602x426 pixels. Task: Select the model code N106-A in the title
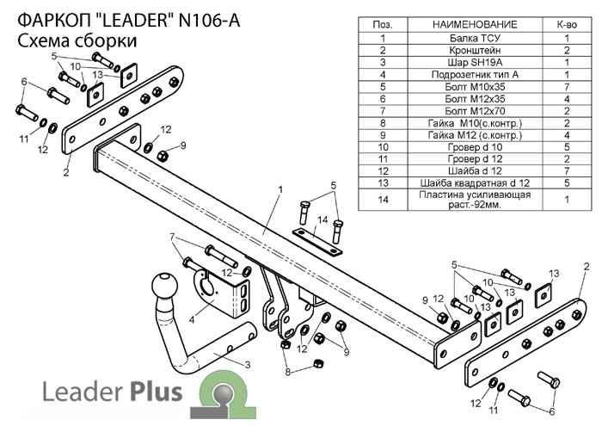206,16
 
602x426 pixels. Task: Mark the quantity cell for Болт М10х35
567,87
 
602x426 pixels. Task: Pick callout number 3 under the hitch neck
247,366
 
